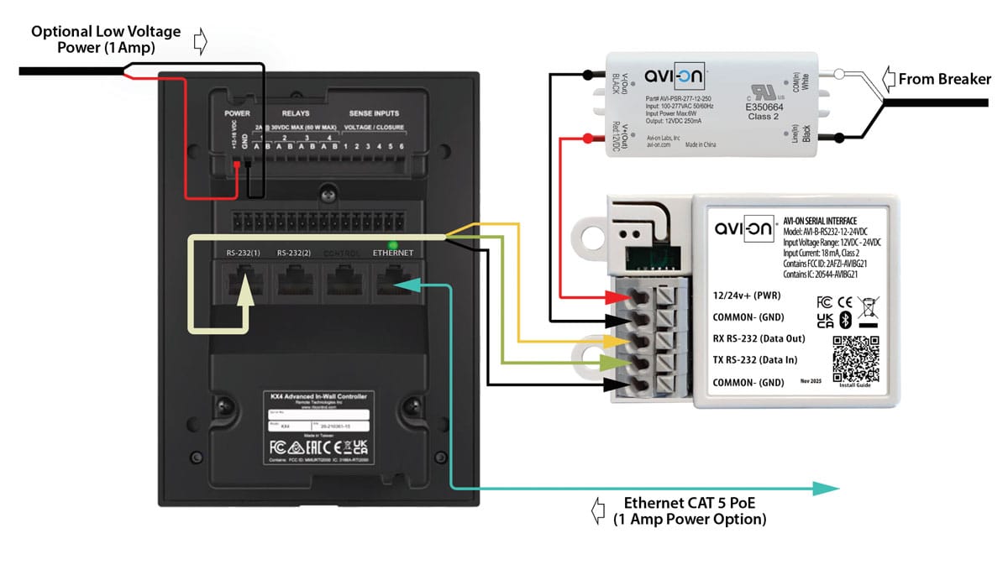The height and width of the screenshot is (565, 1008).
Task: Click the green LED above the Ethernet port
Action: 392,245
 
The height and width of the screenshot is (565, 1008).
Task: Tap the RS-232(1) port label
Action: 244,253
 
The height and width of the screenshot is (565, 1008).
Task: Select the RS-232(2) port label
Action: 295,253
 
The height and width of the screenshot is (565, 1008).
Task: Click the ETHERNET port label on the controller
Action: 392,253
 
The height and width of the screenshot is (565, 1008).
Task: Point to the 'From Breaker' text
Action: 944,80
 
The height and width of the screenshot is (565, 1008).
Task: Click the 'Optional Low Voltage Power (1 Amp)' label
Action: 106,39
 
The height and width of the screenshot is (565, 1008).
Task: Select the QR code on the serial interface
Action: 855,358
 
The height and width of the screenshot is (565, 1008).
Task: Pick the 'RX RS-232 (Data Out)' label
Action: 758,338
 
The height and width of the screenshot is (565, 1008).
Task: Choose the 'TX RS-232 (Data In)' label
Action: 753,360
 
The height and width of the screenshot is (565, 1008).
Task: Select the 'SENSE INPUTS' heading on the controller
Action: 374,112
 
